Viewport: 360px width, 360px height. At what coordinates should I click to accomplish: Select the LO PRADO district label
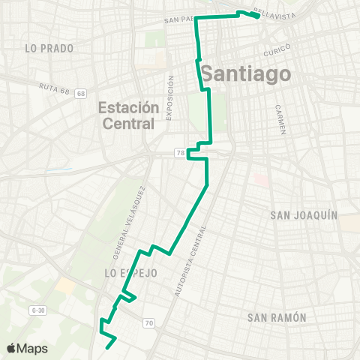(49, 48)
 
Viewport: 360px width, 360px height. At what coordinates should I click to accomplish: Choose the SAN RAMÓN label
(277, 317)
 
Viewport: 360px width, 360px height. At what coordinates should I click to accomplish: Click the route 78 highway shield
(179, 153)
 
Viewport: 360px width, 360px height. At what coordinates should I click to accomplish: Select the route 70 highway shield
(148, 323)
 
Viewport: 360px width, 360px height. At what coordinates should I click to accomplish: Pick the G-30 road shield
(39, 309)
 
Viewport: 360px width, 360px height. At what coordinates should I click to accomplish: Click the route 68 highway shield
(80, 93)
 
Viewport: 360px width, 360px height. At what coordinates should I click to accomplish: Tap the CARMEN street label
(281, 119)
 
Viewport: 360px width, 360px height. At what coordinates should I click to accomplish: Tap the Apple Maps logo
(27, 348)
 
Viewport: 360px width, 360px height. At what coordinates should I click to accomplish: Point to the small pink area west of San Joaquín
(261, 181)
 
